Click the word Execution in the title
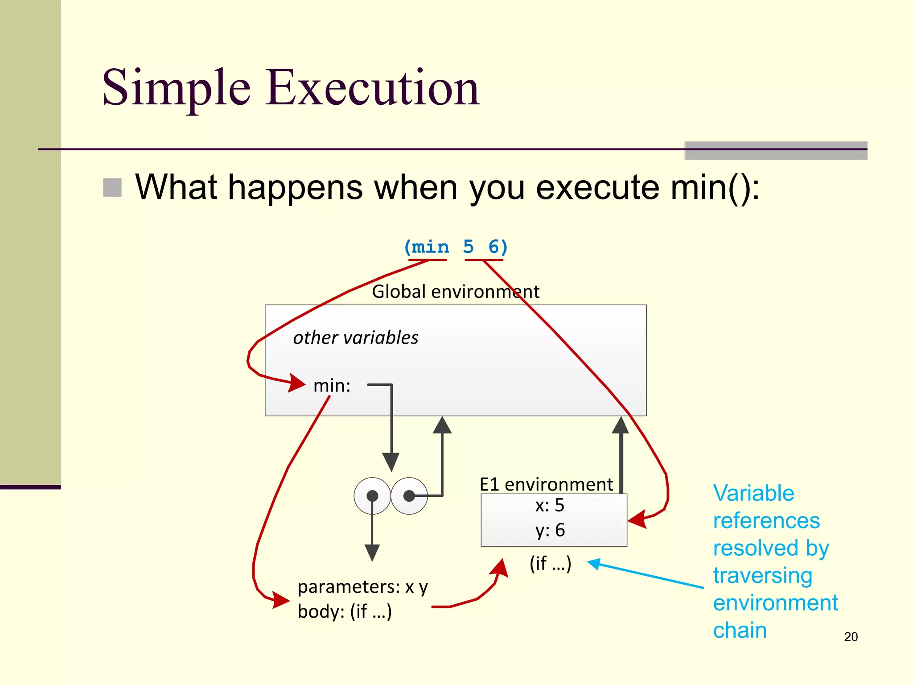[372, 88]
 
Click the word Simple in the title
[176, 88]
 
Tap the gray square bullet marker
[112, 187]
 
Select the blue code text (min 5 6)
[455, 247]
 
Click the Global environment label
[455, 292]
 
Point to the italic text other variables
[355, 338]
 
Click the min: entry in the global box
[332, 386]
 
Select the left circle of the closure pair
[372, 496]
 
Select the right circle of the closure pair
[409, 496]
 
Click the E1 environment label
[546, 484]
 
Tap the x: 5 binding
[550, 505]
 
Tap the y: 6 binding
[550, 530]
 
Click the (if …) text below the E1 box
[550, 564]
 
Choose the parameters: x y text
[362, 587]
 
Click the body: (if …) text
[345, 611]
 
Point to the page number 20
[851, 637]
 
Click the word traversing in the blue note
[762, 575]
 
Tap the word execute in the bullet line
[597, 187]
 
